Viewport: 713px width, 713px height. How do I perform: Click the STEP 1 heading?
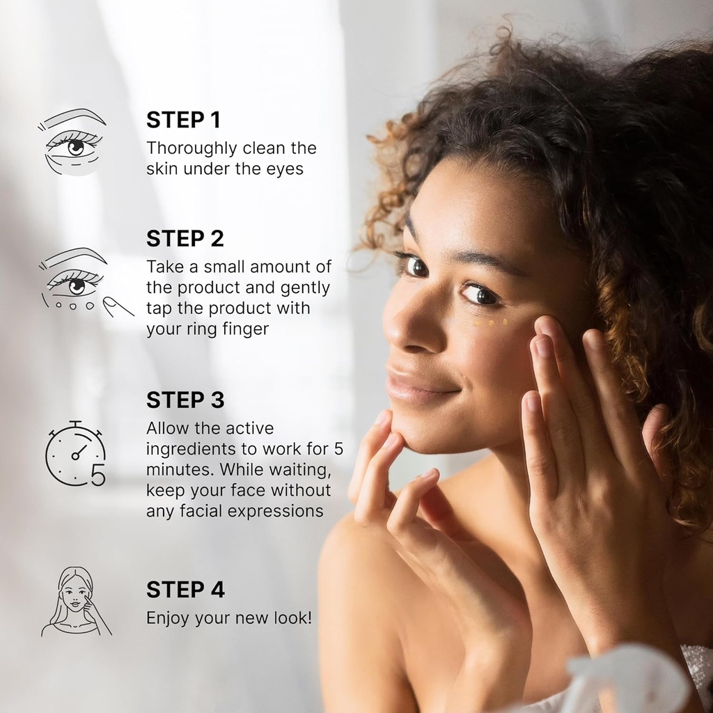(183, 120)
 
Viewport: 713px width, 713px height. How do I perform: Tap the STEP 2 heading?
(185, 239)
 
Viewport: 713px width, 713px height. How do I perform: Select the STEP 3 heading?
(185, 400)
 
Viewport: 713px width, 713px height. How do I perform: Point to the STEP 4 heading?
(185, 590)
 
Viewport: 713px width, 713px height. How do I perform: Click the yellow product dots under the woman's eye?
(491, 322)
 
